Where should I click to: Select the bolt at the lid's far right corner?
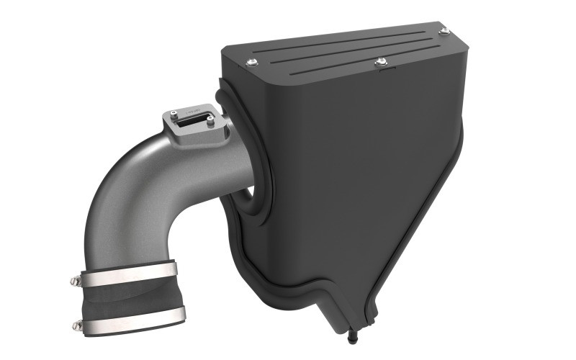[444, 31]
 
